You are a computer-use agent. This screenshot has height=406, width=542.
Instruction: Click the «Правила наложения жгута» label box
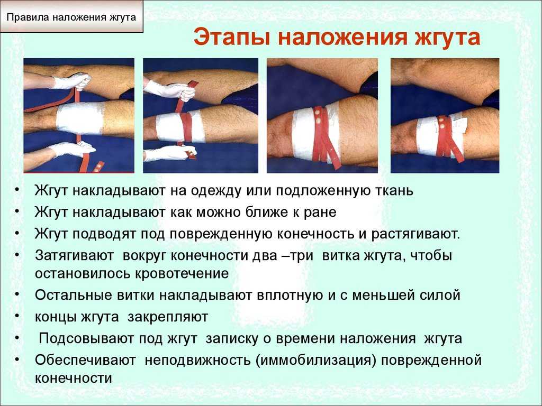[71, 16]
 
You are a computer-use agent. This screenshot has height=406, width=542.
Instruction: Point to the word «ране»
[320, 213]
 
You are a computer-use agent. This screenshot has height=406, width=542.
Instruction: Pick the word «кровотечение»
[182, 273]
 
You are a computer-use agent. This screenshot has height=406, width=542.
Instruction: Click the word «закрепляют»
[168, 317]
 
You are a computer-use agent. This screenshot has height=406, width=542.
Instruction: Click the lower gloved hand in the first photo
[72, 149]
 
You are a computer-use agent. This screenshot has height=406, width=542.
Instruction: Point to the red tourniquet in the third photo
[324, 138]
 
